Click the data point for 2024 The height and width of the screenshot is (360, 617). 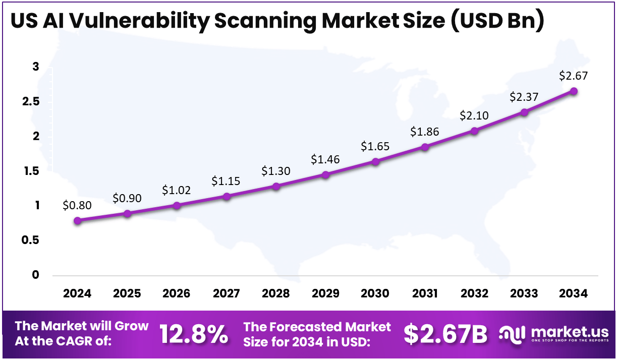point(77,220)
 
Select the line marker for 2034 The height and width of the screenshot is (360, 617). point(574,91)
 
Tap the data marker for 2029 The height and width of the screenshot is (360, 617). point(325,174)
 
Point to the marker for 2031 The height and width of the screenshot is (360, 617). point(425,147)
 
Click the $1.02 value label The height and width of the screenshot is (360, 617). point(176,190)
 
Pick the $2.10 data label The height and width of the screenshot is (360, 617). point(474,115)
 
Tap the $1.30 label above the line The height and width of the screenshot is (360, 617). point(275,171)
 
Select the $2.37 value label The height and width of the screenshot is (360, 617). point(524,96)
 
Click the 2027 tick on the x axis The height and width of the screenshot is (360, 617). point(226,293)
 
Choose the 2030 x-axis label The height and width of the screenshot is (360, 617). point(375,293)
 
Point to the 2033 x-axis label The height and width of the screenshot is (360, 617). point(524,293)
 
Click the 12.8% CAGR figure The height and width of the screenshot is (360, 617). point(194,334)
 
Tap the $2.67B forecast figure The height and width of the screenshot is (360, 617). point(445,334)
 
